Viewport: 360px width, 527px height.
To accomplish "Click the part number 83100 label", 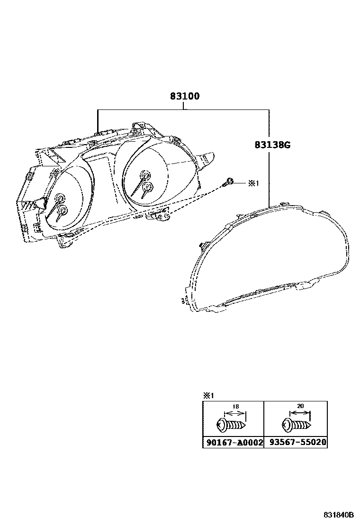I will click(185, 96).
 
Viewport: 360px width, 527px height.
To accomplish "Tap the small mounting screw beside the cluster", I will click(229, 181).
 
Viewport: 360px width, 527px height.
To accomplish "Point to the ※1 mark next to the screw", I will click(254, 183).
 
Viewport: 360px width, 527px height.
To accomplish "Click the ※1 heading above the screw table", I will click(209, 395).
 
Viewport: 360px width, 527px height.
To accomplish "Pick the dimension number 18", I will click(235, 406).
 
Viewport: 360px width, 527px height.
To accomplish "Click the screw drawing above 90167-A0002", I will click(232, 425).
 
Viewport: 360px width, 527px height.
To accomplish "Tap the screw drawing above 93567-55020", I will click(297, 425).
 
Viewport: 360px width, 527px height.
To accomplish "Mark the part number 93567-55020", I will click(295, 443).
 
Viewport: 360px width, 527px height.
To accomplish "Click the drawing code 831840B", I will click(339, 515).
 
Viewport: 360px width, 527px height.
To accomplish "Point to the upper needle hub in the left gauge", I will click(60, 198).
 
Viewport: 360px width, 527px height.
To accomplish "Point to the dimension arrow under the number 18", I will click(235, 413).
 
